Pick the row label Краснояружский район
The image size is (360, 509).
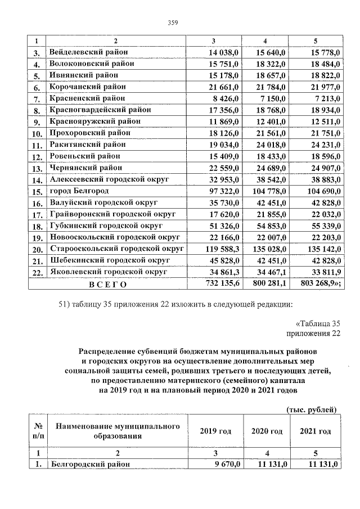(95, 121)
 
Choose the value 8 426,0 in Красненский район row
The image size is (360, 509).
(227, 98)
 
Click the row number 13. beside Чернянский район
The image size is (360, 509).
(38, 168)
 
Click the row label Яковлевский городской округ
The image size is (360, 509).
(109, 272)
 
